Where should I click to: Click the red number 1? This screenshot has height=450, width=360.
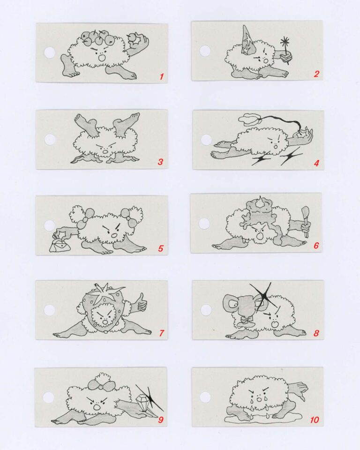(x=162, y=76)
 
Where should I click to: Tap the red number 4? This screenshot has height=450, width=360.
(x=316, y=163)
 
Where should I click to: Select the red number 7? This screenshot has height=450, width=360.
(x=161, y=333)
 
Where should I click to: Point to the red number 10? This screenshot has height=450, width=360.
(x=315, y=420)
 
